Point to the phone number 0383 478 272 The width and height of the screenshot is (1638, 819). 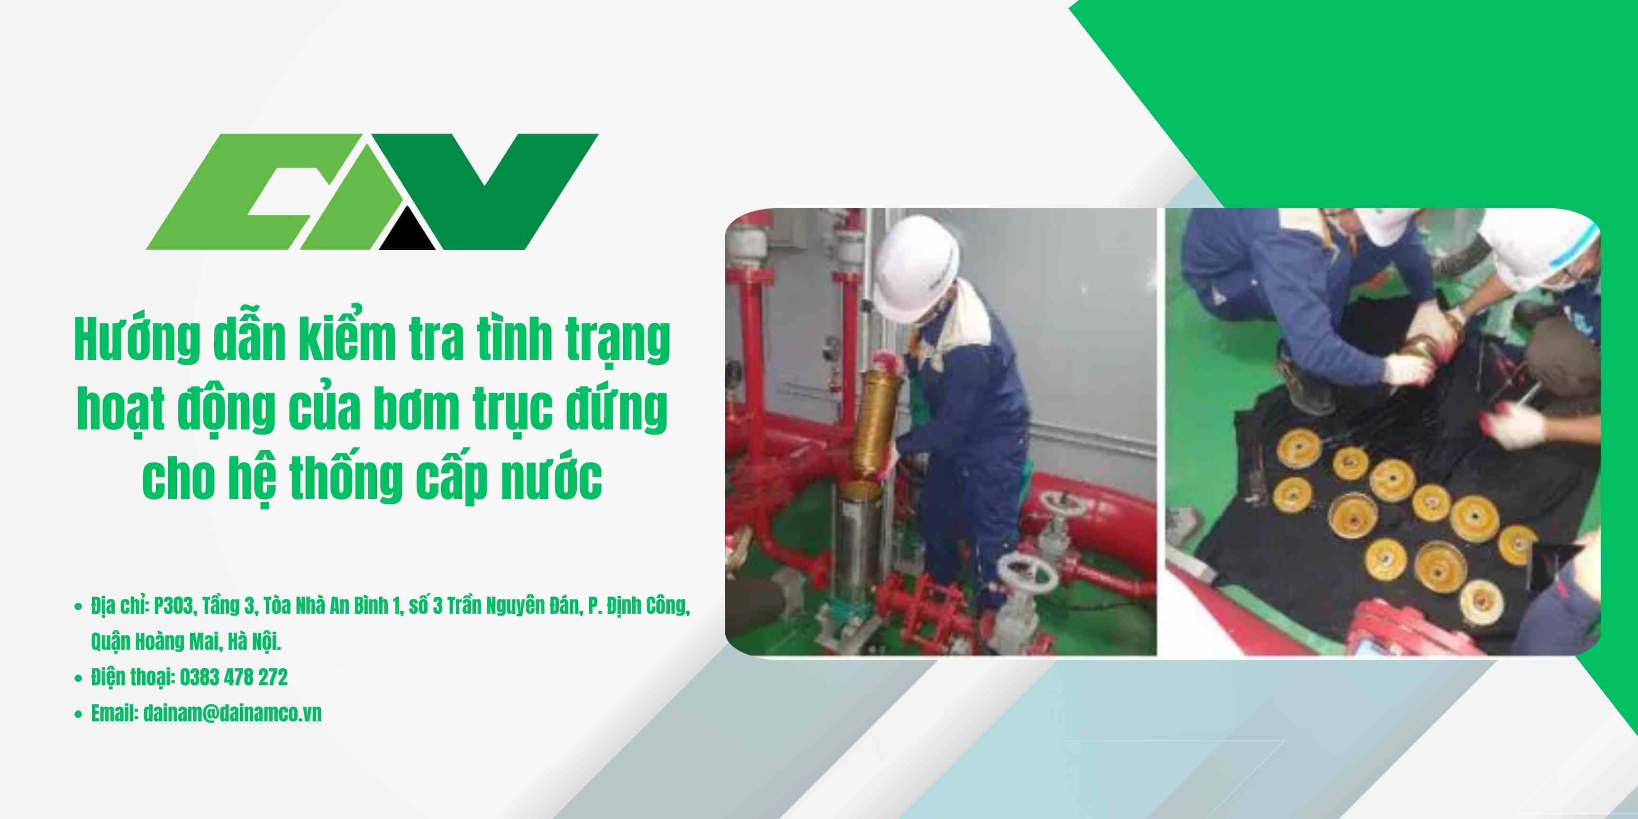[233, 677]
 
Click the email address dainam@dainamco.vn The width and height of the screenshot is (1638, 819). [232, 713]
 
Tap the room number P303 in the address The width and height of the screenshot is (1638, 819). [173, 607]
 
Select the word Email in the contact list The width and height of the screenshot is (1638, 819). [114, 713]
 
